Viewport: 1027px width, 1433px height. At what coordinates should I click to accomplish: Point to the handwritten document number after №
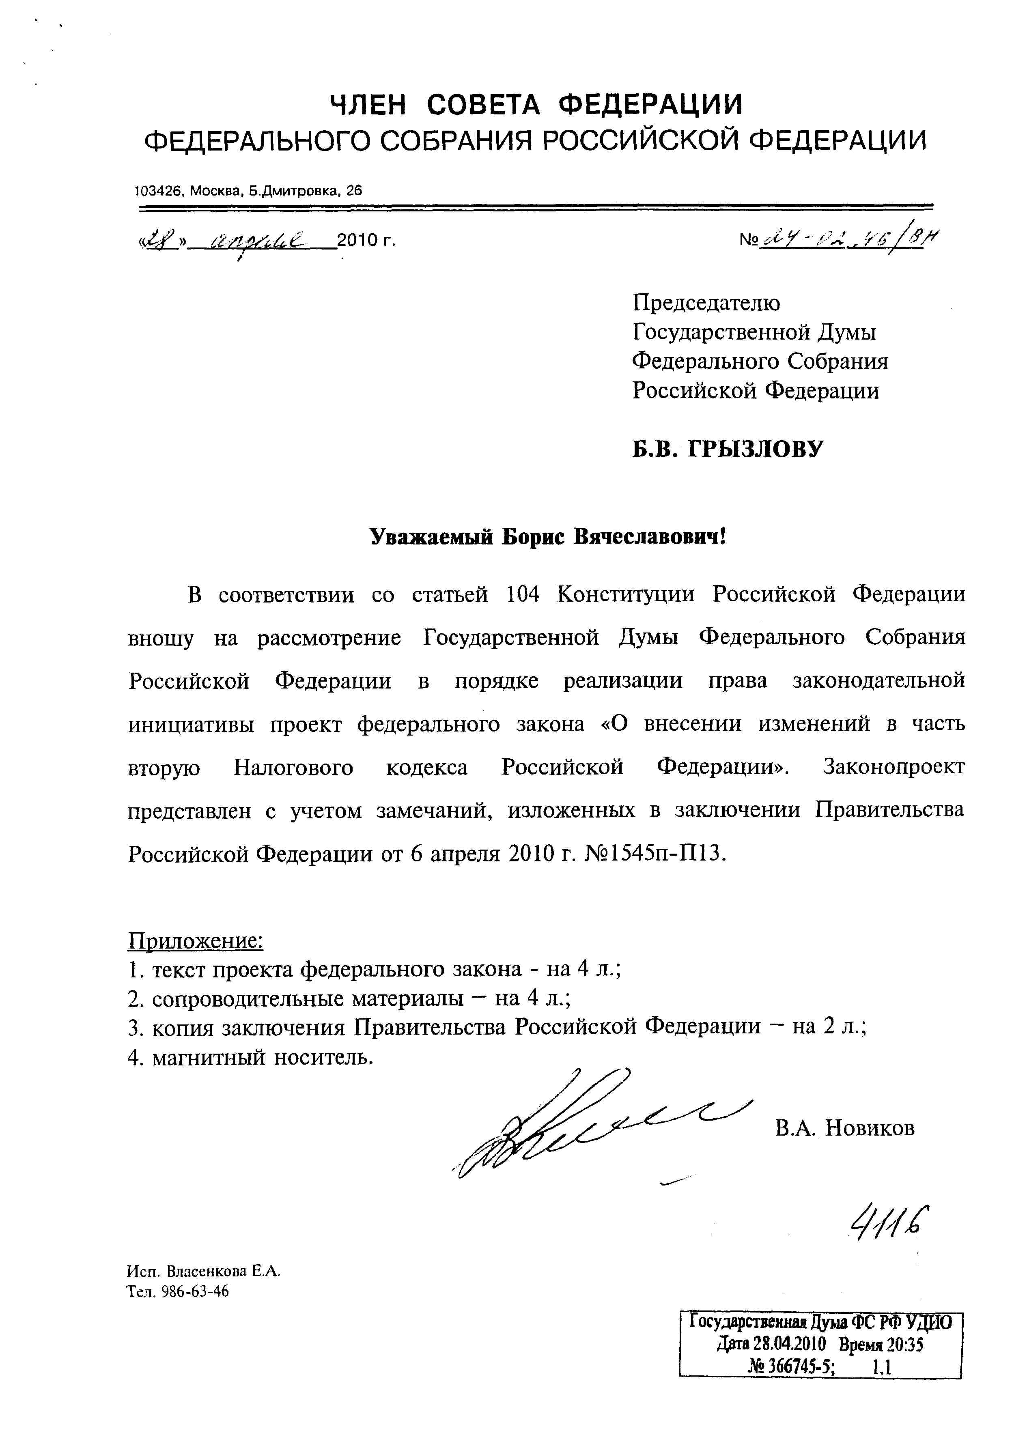point(850,240)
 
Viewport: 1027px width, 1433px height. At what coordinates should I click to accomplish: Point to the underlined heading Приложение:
point(195,940)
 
